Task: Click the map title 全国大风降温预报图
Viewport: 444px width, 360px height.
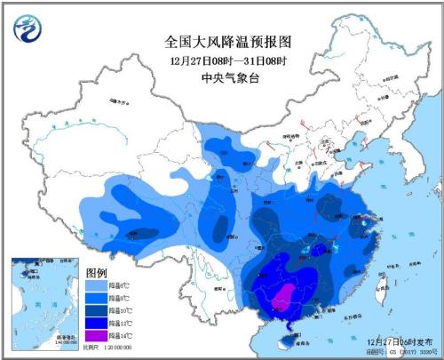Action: tap(229, 41)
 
